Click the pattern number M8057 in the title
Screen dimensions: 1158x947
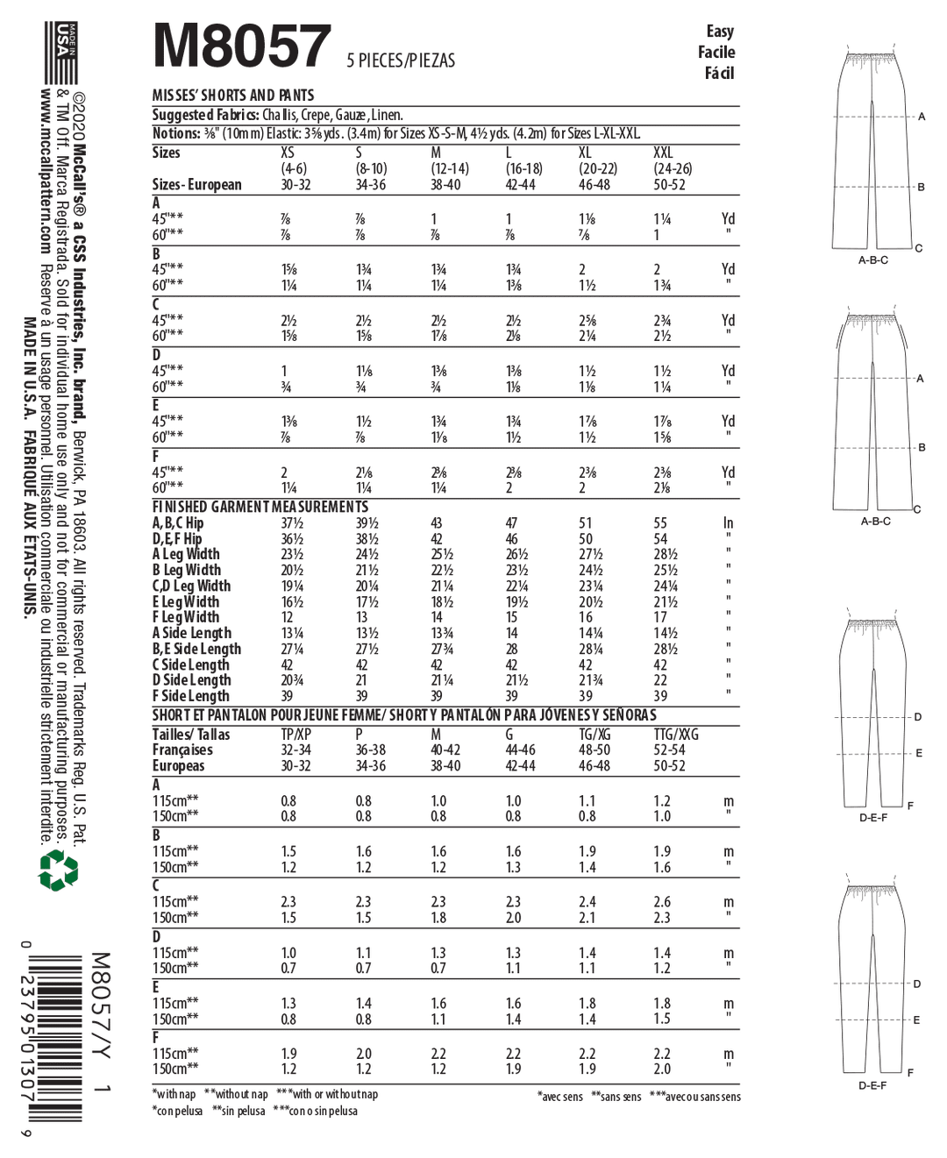click(241, 46)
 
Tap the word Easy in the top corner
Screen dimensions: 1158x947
click(719, 32)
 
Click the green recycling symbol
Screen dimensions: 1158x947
click(59, 870)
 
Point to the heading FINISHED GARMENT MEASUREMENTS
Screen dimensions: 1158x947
click(260, 507)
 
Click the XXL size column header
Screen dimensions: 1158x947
click(663, 153)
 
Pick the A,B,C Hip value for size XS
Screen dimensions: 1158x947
click(292, 523)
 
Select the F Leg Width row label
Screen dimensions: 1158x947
click(186, 617)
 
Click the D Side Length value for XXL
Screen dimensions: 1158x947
click(660, 680)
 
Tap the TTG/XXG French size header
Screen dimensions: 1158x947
click(676, 735)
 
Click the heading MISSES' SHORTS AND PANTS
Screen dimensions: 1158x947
click(233, 95)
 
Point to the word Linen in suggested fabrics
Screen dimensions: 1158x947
click(386, 115)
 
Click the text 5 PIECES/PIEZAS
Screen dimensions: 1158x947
click(401, 60)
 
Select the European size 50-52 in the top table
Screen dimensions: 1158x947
click(669, 185)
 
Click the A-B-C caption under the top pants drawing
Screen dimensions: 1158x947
click(873, 260)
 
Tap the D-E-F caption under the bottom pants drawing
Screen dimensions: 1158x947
click(872, 1085)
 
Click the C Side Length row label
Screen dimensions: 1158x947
click(191, 664)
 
